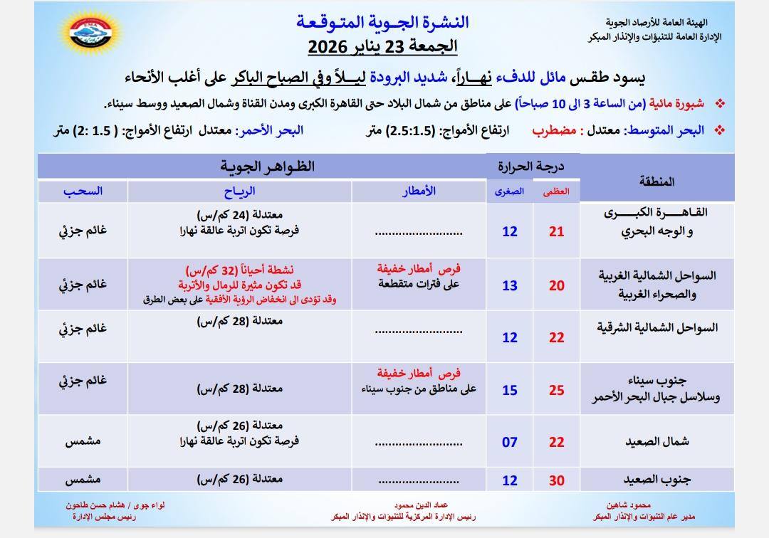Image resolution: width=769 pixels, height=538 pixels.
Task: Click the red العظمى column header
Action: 556,191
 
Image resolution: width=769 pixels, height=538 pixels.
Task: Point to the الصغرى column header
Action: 510,191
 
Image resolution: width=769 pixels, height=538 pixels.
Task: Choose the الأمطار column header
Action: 419,191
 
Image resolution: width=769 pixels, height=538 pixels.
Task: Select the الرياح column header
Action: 239,191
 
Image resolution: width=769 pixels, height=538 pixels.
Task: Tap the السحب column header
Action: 83,191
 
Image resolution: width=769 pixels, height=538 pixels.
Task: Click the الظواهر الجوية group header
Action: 267,167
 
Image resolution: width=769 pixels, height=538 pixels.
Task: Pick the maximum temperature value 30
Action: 556,480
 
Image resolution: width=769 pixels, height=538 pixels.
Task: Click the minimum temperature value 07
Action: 510,442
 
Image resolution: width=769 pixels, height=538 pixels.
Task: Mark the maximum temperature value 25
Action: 556,390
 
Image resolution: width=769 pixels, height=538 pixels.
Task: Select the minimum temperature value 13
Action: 510,285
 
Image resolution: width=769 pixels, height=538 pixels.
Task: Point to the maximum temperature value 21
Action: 556,231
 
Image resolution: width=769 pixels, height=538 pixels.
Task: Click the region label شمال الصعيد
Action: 659,442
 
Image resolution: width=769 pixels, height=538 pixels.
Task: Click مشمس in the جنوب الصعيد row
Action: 83,480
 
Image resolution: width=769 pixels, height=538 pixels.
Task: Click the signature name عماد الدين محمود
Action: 419,505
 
